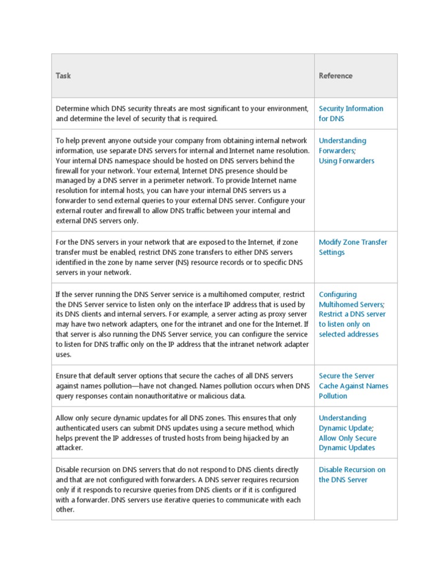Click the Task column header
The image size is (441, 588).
point(63,76)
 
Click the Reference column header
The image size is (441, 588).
point(335,76)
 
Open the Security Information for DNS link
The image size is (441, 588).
point(351,114)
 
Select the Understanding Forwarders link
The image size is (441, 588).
point(342,145)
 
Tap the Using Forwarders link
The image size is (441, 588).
point(346,161)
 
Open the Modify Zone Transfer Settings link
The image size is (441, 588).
point(353,247)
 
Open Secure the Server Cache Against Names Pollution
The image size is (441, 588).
point(353,386)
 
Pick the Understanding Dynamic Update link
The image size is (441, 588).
point(346,423)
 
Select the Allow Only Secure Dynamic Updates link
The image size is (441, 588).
point(347,443)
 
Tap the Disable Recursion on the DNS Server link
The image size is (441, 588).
point(352,474)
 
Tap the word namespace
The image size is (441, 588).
point(130,161)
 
